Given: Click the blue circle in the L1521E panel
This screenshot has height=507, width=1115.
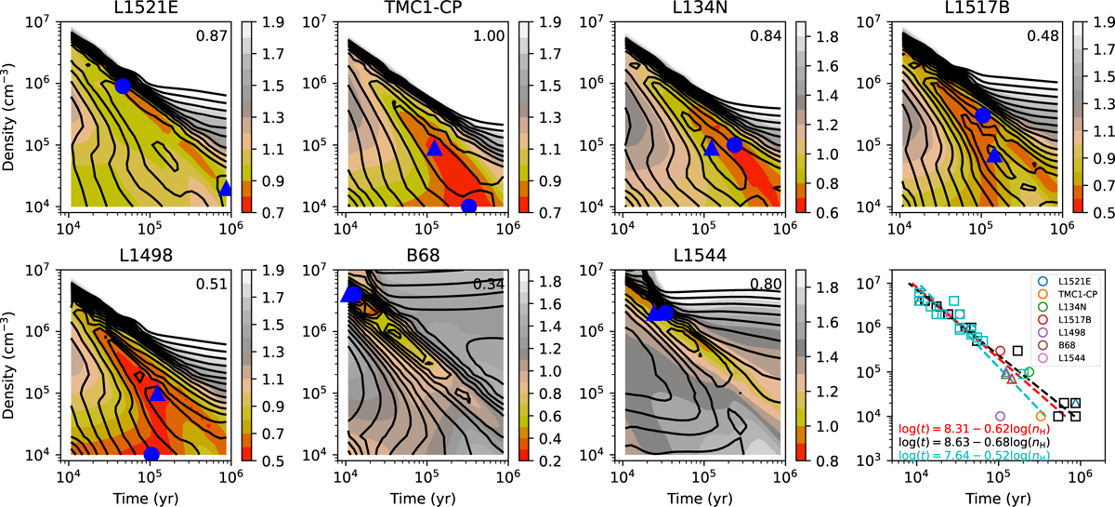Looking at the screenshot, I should pos(123,86).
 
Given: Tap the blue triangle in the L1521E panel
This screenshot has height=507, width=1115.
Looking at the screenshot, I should pos(225,188).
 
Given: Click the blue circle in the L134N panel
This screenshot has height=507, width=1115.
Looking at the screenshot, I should pos(734,144).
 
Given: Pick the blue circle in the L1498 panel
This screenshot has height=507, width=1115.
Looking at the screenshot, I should pos(151,454).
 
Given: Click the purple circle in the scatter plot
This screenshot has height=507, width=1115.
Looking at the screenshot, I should pos(1000,416).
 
